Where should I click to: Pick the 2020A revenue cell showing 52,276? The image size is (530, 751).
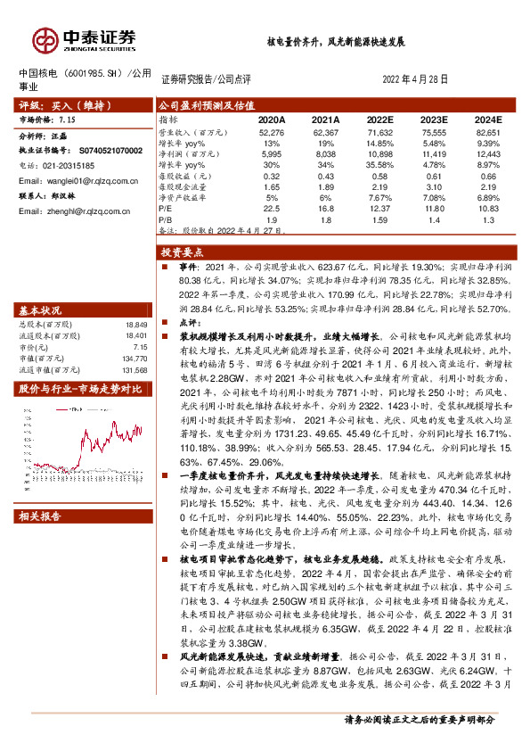tap(271, 131)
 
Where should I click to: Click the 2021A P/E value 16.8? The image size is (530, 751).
tap(325, 209)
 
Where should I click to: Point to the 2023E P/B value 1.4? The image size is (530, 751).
tap(434, 219)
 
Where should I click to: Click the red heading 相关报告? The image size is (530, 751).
tap(41, 516)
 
